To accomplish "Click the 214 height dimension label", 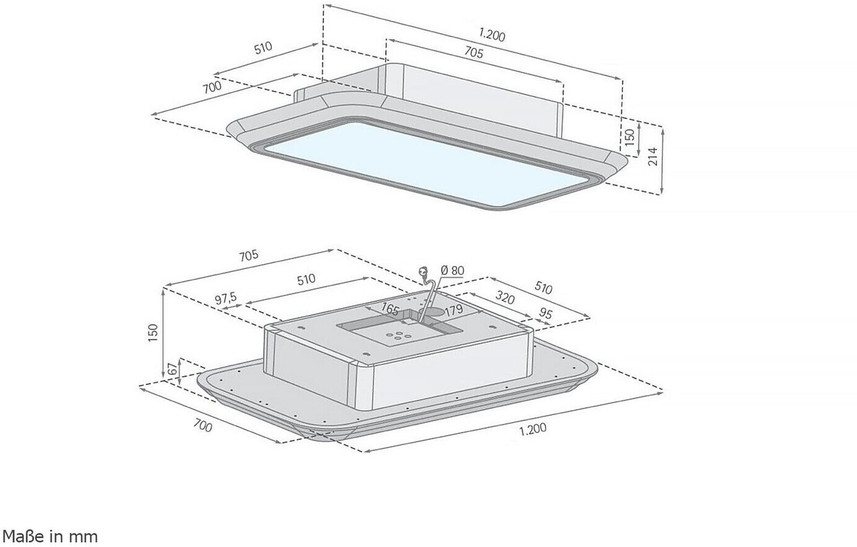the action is click(653, 156).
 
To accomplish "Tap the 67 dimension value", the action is click(173, 369).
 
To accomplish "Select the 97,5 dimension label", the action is click(226, 298).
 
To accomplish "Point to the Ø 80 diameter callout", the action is click(452, 270).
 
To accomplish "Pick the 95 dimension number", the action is click(546, 314).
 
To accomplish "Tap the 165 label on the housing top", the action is click(390, 309).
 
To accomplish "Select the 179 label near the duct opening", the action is click(454, 309).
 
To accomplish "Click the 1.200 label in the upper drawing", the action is click(492, 35).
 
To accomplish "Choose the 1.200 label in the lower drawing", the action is click(533, 429).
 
